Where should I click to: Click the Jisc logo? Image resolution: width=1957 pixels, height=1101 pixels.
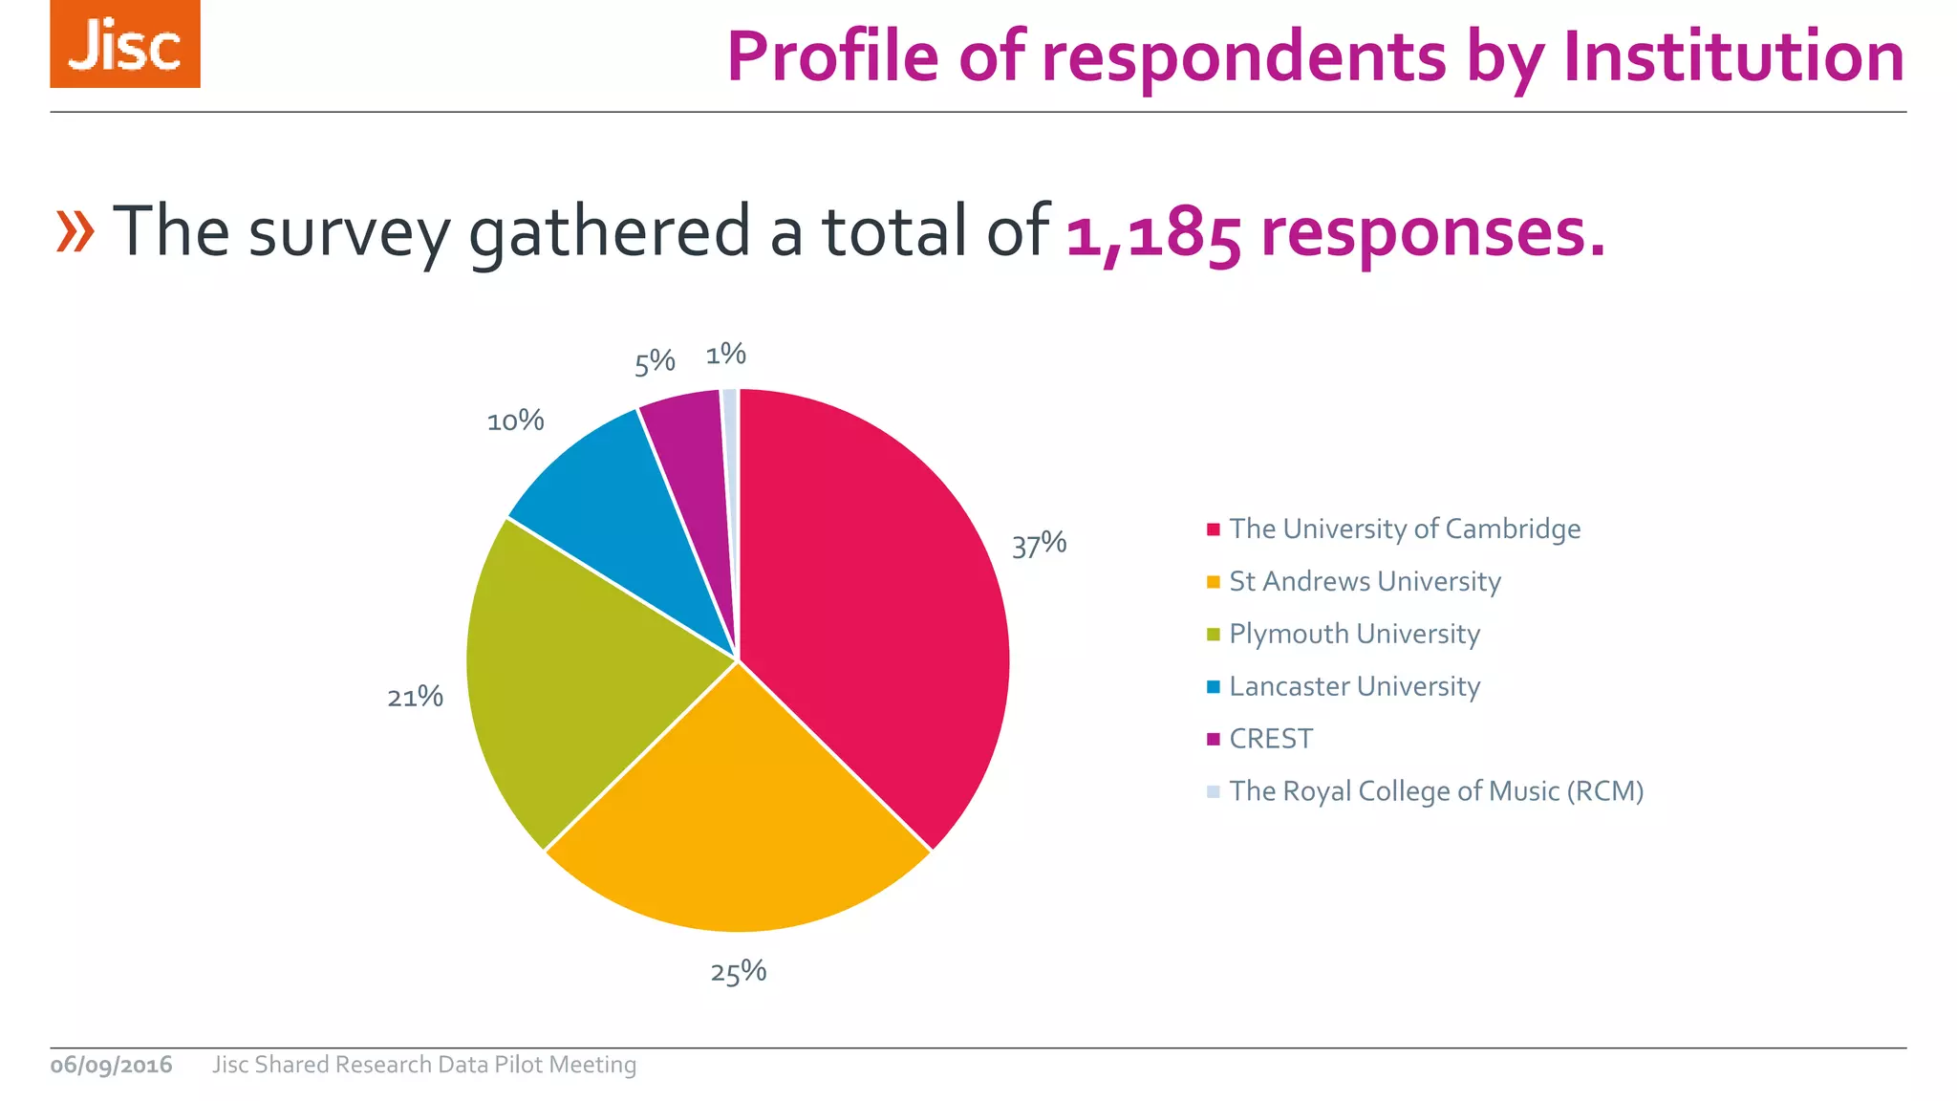(125, 45)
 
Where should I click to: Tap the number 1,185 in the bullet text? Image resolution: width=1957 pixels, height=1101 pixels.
(1152, 233)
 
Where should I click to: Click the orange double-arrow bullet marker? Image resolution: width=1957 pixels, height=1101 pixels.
(75, 231)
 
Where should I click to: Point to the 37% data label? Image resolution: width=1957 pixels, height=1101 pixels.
(1039, 545)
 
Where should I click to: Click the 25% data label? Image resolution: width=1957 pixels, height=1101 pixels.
(738, 973)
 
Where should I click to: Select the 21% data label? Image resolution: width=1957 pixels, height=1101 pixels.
(415, 697)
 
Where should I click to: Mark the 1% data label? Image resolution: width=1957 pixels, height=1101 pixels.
(725, 355)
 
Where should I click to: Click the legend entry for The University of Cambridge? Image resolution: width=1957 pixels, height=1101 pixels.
(1404, 529)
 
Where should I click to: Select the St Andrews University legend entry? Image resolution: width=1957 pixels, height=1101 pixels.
(1364, 582)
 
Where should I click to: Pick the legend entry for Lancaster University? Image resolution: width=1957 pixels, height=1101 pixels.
(1353, 687)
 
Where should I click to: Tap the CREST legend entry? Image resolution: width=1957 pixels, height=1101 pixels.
(1270, 740)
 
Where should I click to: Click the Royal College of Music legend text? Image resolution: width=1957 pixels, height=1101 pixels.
(1435, 792)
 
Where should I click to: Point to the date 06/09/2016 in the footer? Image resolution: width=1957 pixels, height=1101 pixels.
(111, 1065)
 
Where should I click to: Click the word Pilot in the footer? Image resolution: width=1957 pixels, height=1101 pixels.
(518, 1065)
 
